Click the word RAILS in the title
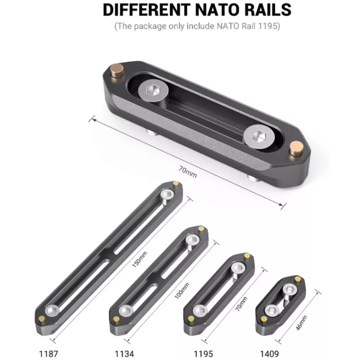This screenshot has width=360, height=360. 265,10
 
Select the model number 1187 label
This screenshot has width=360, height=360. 49,354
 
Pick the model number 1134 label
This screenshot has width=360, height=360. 124,354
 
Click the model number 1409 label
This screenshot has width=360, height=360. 269,354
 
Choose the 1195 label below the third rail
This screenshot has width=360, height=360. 203,354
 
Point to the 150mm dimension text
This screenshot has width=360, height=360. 140,260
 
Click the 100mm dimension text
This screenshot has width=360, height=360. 182,291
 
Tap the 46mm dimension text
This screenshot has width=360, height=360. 301,323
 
